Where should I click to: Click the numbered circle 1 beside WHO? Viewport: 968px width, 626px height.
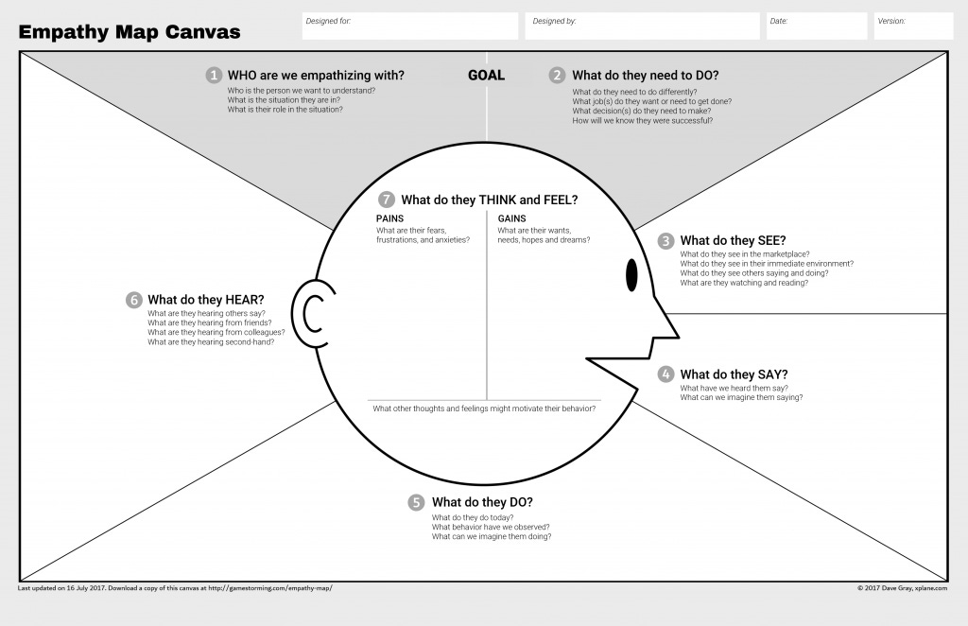click(215, 76)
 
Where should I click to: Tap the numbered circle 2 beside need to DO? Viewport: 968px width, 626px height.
click(558, 76)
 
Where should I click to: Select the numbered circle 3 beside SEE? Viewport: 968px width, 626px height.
click(666, 241)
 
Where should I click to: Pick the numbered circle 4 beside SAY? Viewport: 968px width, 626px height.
click(666, 374)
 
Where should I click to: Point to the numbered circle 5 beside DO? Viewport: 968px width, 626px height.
click(417, 502)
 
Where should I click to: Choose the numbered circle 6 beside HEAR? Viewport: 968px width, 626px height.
click(134, 300)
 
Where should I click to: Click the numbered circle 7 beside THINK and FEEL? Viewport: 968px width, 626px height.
click(386, 200)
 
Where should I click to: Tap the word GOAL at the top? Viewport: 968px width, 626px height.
click(486, 76)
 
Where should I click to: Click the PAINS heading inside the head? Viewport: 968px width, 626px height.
click(389, 218)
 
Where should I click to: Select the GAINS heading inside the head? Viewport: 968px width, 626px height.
click(512, 218)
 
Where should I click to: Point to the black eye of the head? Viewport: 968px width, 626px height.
click(631, 275)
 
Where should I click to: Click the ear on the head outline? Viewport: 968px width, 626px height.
click(313, 313)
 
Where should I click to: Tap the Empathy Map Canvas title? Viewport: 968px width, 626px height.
click(130, 32)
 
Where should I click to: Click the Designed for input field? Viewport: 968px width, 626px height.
click(410, 26)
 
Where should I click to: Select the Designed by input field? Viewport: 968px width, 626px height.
click(642, 26)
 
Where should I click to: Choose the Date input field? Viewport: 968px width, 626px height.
click(816, 26)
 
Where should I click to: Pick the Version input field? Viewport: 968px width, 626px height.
click(912, 26)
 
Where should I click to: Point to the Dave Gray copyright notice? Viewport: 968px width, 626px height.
click(902, 588)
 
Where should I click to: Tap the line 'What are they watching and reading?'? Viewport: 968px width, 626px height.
click(744, 283)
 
